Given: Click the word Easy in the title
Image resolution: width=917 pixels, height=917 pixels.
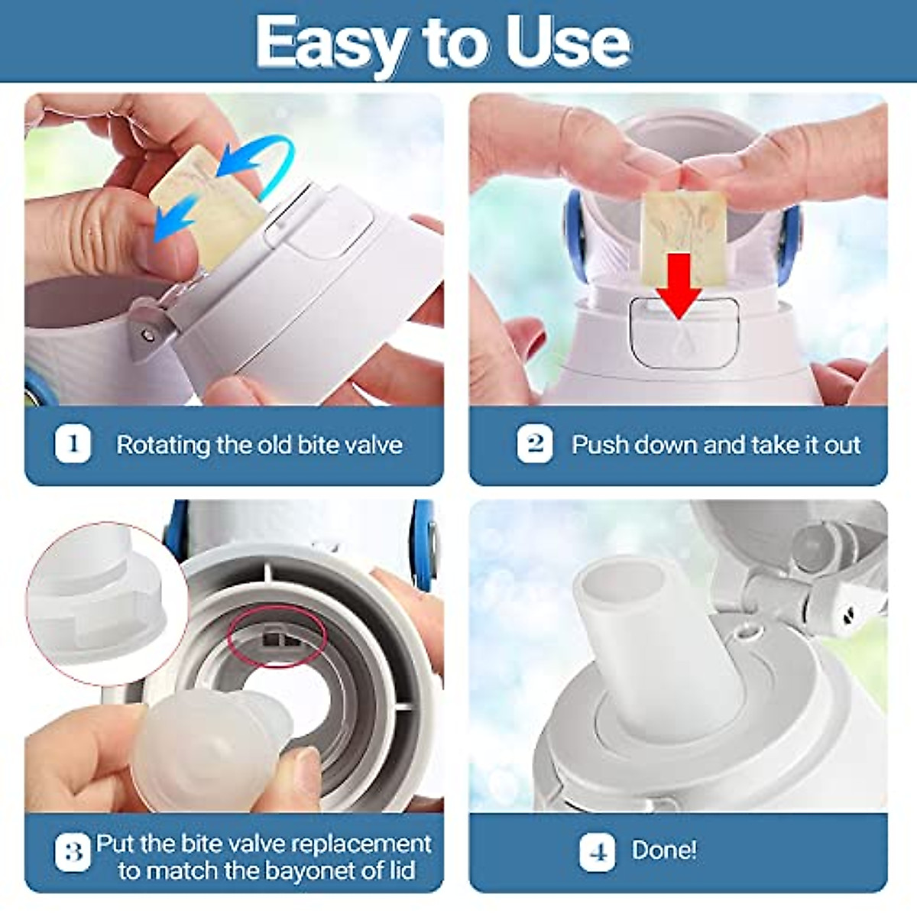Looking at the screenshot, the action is pos(331,44).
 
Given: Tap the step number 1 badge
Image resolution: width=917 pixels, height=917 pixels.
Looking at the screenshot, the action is pos(73,445).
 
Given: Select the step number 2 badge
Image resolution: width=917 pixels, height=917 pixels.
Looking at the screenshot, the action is pos(535,445).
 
